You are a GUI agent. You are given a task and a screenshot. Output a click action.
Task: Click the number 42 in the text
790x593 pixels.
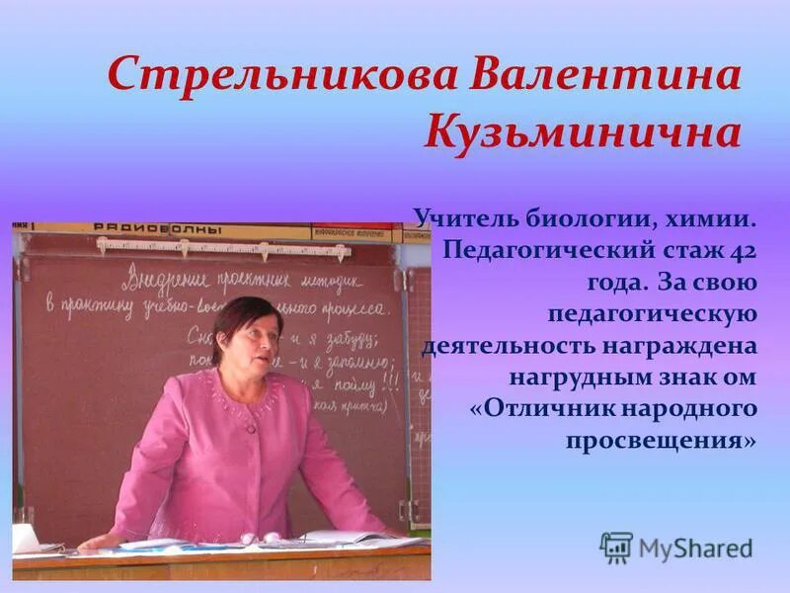point(743,248)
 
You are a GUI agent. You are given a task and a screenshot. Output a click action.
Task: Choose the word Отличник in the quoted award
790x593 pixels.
point(553,410)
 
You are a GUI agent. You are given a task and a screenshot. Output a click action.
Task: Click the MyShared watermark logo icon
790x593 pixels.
point(616,547)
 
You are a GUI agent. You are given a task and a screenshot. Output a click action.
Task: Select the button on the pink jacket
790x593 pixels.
point(252,428)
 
